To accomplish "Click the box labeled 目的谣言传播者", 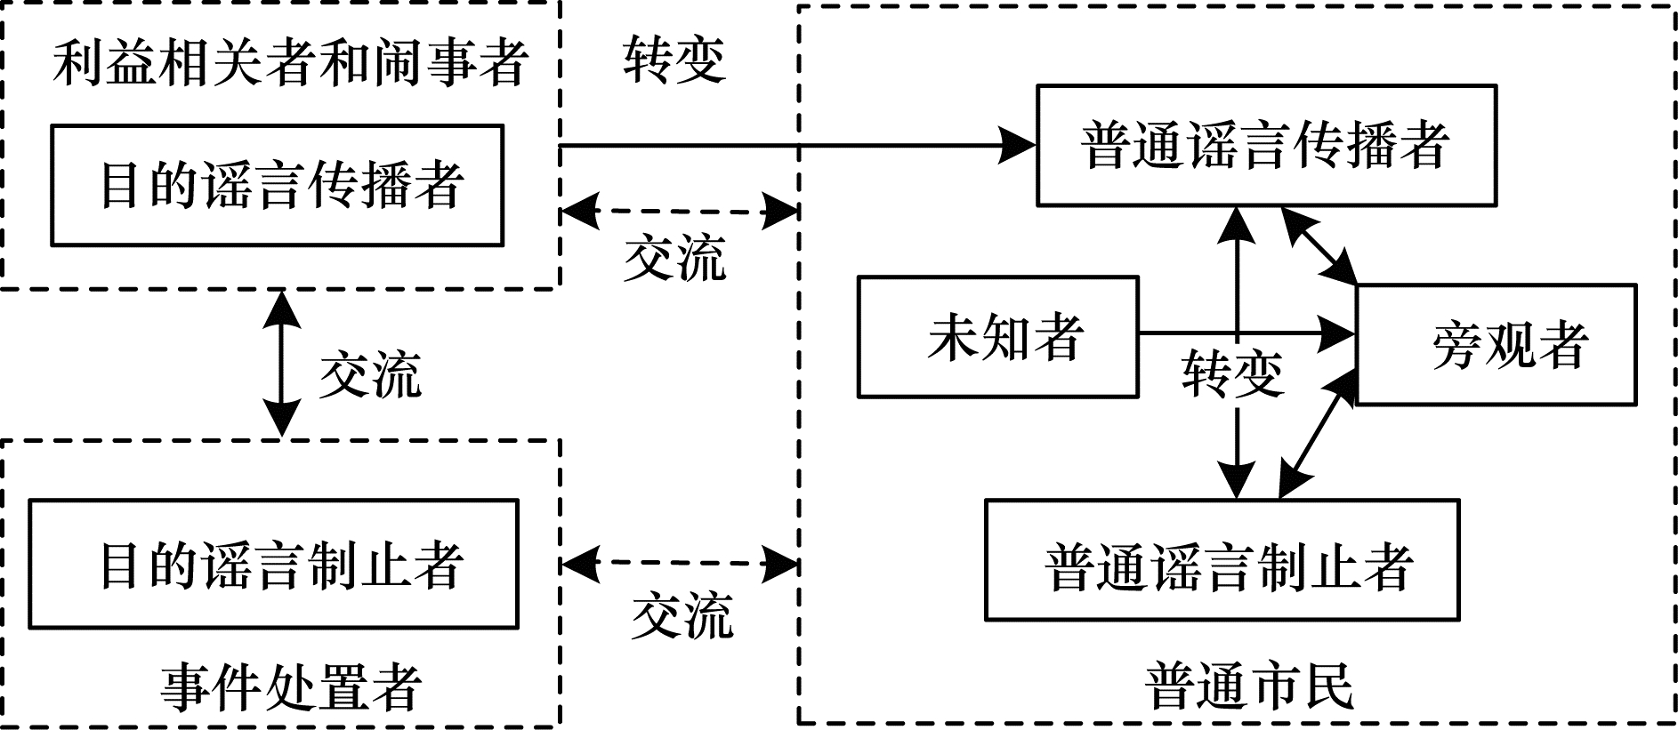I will [x=277, y=185].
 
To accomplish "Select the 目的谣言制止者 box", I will [x=273, y=565].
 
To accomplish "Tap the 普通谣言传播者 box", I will [x=1266, y=146].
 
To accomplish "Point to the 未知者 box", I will [x=997, y=337].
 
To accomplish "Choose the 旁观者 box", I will [x=1496, y=345].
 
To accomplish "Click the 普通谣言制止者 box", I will [x=1222, y=560].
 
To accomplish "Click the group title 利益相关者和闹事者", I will [x=290, y=62].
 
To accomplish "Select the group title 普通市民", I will [x=1249, y=686].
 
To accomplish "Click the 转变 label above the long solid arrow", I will [x=674, y=60].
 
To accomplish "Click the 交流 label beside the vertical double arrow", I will [x=369, y=374].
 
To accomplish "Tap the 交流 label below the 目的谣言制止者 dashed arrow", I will [x=682, y=615].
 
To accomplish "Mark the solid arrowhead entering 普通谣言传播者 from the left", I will [x=1017, y=145].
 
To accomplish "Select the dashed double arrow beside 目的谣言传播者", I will [x=680, y=213].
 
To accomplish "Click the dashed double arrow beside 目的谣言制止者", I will [x=680, y=563].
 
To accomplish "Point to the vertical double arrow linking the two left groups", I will [x=282, y=363].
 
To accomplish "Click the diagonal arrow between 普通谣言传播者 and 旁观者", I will [x=1319, y=246].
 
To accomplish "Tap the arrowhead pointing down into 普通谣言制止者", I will [x=1237, y=480].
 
